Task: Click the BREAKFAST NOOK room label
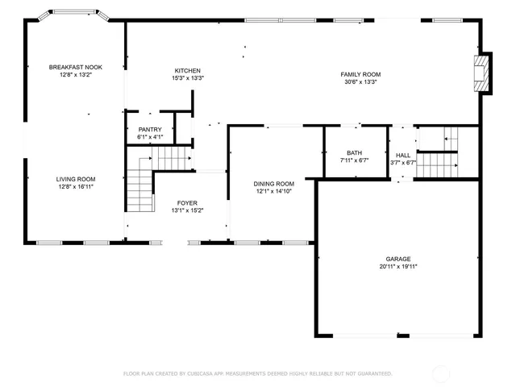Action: click(76, 67)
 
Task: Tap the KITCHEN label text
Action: click(187, 71)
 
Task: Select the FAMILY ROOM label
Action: click(360, 74)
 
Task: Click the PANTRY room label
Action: click(150, 130)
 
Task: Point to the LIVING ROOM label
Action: click(76, 179)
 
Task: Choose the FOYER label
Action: click(187, 203)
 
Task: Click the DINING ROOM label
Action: click(274, 184)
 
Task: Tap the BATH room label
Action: click(355, 152)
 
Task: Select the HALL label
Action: click(402, 155)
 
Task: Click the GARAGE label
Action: click(398, 259)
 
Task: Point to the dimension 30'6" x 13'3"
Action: click(360, 81)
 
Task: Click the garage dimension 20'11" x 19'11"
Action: click(398, 266)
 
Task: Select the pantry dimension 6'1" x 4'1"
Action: click(150, 137)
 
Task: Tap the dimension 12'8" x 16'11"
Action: click(76, 186)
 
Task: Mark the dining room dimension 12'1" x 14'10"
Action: click(274, 191)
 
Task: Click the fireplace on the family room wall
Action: click(481, 73)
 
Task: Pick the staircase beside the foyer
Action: click(141, 189)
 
